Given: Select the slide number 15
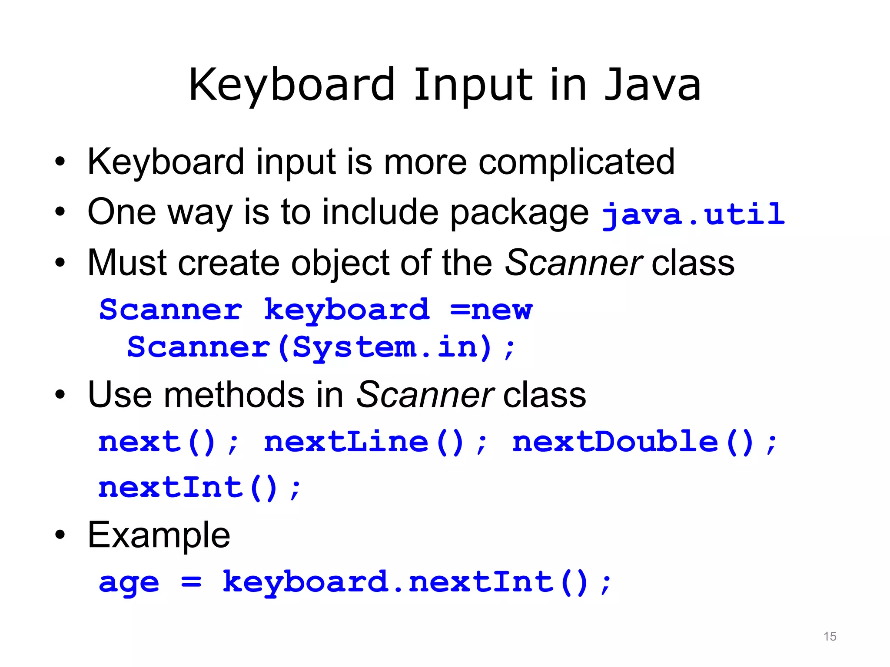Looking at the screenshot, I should click(830, 636).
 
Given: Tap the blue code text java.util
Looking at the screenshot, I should click(693, 214).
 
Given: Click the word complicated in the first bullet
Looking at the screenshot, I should click(576, 162).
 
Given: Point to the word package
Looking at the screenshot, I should click(519, 213).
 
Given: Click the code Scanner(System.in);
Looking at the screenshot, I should click(322, 347).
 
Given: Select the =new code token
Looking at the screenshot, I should click(491, 310).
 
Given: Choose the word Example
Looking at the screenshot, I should click(159, 535).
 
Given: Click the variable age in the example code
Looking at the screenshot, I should click(129, 583).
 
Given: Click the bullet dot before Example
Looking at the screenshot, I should click(60, 535).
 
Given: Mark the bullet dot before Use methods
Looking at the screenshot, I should click(60, 395).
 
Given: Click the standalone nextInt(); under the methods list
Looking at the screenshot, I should click(199, 488).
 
